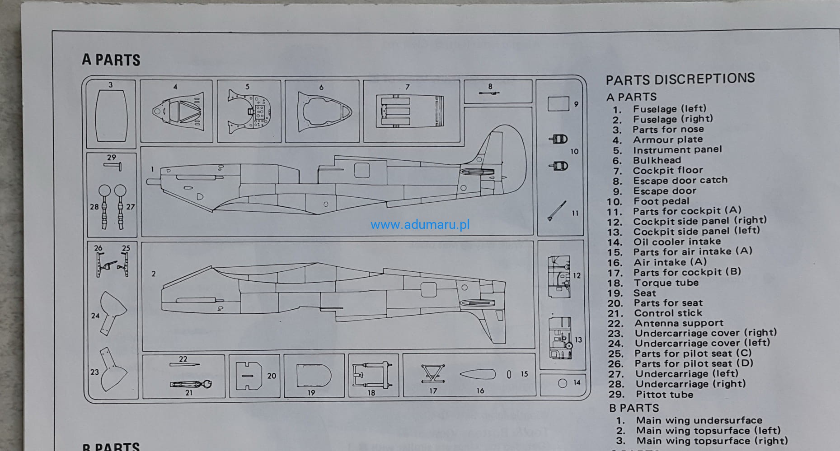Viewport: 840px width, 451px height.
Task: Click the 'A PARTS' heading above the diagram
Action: pos(111,60)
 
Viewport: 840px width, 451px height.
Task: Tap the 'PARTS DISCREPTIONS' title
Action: pos(680,79)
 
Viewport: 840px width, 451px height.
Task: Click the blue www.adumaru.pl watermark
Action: pos(420,224)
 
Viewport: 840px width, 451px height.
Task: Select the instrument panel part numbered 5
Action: pos(250,112)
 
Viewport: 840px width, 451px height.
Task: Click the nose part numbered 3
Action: pos(111,116)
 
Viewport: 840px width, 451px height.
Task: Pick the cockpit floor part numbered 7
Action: pos(410,111)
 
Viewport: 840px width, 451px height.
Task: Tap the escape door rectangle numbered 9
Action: pos(558,104)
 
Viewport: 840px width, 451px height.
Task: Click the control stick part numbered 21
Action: pos(191,384)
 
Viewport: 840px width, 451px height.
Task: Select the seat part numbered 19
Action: pos(313,376)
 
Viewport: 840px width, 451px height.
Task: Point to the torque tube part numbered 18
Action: pos(372,374)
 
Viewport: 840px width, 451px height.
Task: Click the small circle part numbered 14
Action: pos(562,383)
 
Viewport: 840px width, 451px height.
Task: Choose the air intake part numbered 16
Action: pos(477,374)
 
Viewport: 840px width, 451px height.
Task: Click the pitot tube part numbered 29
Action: pos(113,166)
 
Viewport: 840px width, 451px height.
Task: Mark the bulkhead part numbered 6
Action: pos(324,112)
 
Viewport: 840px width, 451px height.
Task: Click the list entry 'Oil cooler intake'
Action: pos(676,242)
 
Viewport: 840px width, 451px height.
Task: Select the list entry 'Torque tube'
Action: pos(666,283)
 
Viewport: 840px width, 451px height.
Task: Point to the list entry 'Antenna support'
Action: pos(679,323)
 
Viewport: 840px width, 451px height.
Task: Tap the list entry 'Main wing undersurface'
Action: pos(699,420)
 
